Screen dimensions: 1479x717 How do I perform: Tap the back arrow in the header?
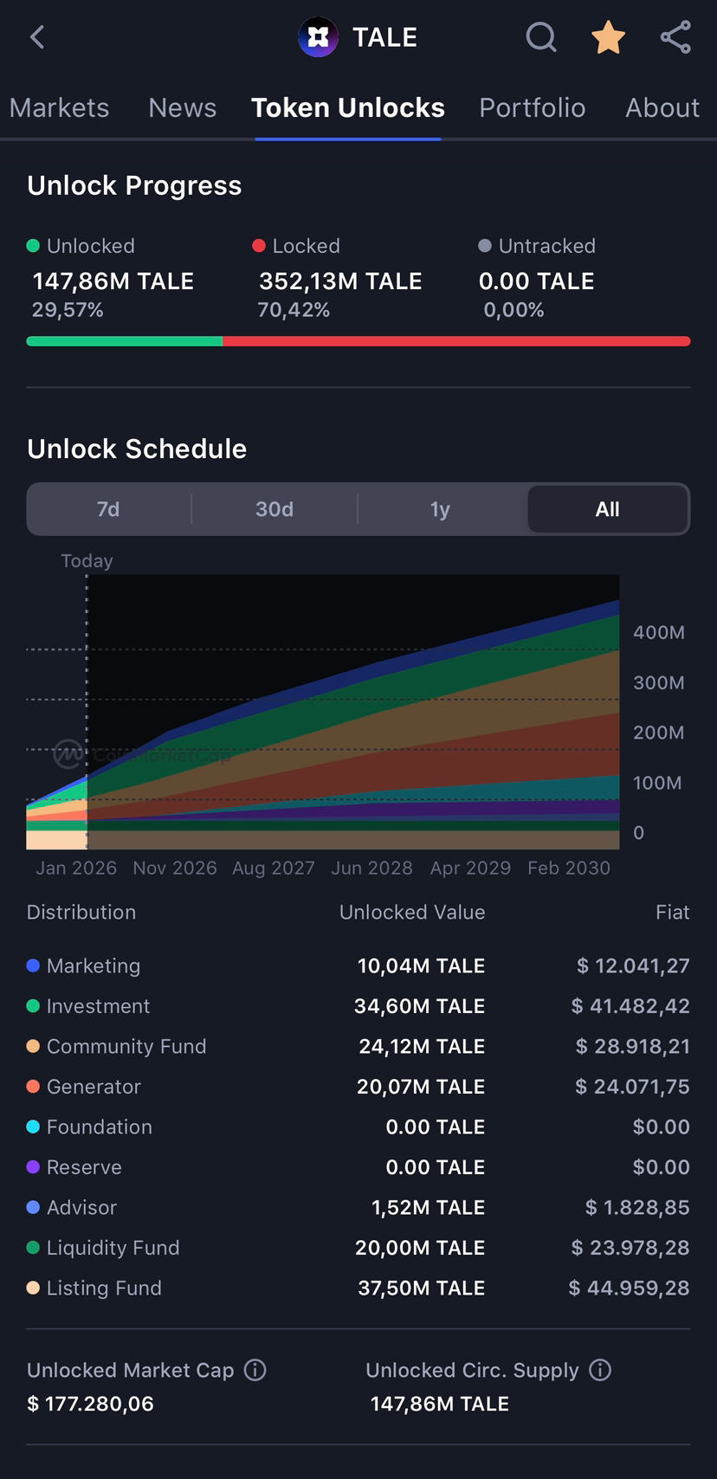click(37, 37)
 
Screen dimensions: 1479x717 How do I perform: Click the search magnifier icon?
click(541, 37)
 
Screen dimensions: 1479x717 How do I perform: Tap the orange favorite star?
click(608, 37)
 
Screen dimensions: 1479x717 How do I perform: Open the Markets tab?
click(59, 107)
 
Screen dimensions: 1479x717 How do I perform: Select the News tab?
click(182, 107)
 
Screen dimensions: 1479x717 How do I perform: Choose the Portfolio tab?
click(532, 107)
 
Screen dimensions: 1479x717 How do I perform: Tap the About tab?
click(662, 107)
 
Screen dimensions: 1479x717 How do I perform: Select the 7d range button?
click(108, 509)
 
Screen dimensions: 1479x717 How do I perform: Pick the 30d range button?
click(275, 509)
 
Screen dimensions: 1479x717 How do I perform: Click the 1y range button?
click(440, 509)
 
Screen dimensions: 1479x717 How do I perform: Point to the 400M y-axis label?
click(658, 632)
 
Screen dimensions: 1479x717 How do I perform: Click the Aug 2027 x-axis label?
click(274, 868)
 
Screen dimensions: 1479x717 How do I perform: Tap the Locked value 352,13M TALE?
click(340, 281)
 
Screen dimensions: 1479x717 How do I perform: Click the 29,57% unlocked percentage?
click(68, 310)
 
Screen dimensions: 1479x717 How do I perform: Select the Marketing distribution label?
click(93, 966)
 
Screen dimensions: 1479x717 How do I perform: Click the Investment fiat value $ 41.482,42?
click(630, 1006)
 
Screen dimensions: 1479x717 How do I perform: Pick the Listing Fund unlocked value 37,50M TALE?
click(421, 1288)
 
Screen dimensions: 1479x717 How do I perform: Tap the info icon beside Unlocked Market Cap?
click(255, 1370)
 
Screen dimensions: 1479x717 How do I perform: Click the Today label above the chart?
click(87, 560)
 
